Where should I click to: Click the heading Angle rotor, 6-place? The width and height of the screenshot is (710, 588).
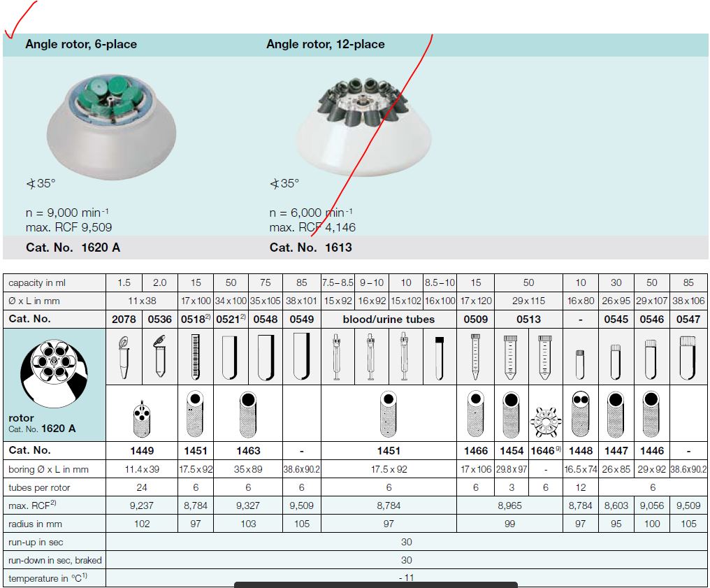[81, 44]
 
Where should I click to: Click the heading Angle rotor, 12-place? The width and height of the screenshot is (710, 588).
[326, 44]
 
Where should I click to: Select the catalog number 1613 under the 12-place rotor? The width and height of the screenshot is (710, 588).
[338, 248]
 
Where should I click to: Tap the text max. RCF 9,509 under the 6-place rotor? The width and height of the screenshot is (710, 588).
[68, 227]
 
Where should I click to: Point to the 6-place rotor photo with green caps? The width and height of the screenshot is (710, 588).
[111, 126]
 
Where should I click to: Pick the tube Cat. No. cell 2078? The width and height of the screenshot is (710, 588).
[124, 320]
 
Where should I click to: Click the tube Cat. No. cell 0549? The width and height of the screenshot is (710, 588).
[302, 320]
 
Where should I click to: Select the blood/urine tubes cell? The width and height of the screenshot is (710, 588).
[389, 320]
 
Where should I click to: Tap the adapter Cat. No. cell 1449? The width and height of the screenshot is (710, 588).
[142, 451]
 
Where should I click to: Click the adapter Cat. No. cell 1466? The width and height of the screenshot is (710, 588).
[475, 451]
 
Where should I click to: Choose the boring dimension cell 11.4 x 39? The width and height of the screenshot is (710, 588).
[142, 469]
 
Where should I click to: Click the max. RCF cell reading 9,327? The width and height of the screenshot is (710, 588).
[248, 505]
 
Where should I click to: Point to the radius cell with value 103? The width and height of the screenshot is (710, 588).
[248, 524]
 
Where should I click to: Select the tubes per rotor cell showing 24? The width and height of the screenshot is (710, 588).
[142, 487]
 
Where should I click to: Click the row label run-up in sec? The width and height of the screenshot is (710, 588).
[36, 543]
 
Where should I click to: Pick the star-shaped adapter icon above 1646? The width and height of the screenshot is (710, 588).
[546, 422]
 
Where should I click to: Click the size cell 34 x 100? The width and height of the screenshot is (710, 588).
[231, 301]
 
